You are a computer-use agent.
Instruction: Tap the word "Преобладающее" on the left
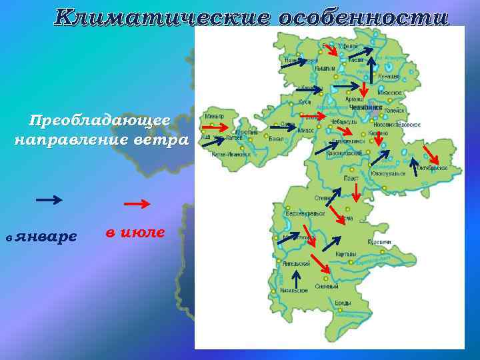100,121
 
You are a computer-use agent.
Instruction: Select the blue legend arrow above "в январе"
49,199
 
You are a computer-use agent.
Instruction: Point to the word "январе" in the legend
46,237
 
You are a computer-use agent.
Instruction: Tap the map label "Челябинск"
366,107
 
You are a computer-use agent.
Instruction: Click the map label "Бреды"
343,303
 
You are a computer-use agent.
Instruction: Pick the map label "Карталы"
346,254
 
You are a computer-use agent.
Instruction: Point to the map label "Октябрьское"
433,168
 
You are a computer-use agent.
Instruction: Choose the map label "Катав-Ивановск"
231,155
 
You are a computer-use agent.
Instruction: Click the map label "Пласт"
351,178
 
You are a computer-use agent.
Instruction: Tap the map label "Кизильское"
294,291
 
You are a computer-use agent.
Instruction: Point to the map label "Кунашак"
389,76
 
